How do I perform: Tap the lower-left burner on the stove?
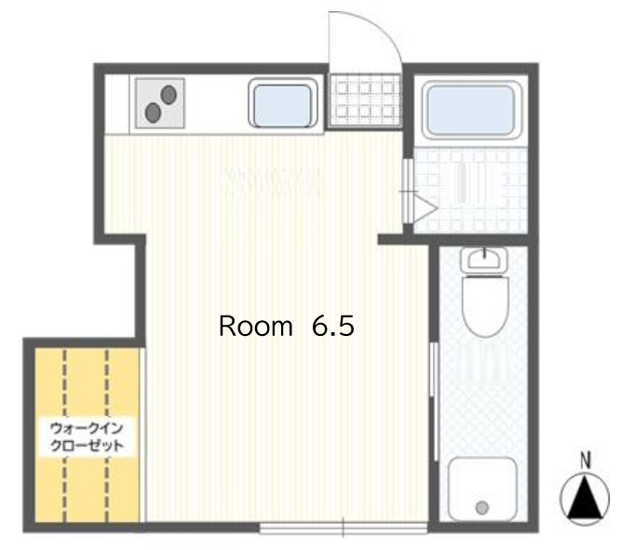pyautogui.click(x=153, y=113)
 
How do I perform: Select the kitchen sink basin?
pyautogui.click(x=280, y=104)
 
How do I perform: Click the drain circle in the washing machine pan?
pyautogui.click(x=481, y=507)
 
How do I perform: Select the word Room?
pyautogui.click(x=255, y=327)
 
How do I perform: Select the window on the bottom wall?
pyautogui.click(x=344, y=529)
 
